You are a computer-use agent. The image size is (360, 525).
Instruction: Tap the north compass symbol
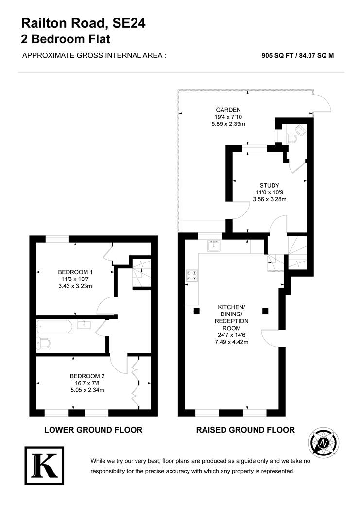pyautogui.click(x=324, y=442)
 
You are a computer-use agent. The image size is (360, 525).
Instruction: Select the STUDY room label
pyautogui.click(x=269, y=185)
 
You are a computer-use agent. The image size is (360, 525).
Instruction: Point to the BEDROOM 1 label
pyautogui.click(x=75, y=272)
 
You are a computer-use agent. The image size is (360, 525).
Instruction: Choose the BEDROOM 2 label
pyautogui.click(x=87, y=376)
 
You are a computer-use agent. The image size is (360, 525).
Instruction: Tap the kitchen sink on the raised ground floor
pyautogui.click(x=214, y=245)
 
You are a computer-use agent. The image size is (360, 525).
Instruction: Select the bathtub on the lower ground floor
pyautogui.click(x=55, y=327)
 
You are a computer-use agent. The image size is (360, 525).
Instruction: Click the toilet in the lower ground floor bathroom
pyautogui.click(x=44, y=343)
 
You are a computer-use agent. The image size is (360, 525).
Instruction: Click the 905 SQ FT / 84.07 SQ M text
pyautogui.click(x=297, y=55)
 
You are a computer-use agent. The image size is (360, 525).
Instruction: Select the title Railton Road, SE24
pyautogui.click(x=83, y=23)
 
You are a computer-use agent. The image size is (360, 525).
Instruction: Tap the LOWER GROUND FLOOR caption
pyautogui.click(x=93, y=430)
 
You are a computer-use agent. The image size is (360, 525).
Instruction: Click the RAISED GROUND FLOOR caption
pyautogui.click(x=245, y=430)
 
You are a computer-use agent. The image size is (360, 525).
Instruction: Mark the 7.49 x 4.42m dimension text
pyautogui.click(x=232, y=342)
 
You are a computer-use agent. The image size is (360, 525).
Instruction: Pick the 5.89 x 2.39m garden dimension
pyautogui.click(x=228, y=124)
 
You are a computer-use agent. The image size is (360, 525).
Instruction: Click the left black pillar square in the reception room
pyautogui.click(x=196, y=311)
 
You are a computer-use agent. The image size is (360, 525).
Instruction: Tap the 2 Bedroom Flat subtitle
pyautogui.click(x=66, y=39)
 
